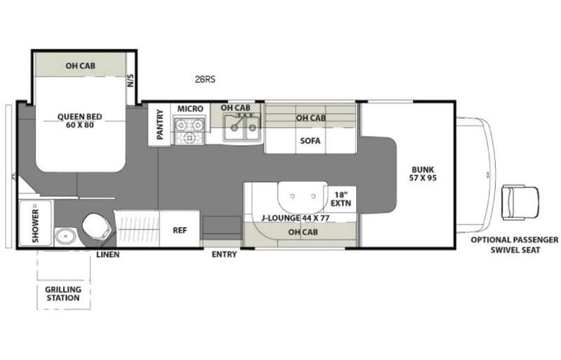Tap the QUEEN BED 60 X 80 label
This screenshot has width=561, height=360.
point(80,121)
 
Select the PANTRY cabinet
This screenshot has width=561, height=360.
point(160,123)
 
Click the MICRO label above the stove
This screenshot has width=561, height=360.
point(190,108)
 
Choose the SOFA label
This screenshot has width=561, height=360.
point(311,140)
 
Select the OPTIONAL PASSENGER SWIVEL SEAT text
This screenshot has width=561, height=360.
point(514,245)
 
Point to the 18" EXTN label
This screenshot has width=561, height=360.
point(340,199)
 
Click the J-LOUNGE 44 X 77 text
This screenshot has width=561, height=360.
point(295,218)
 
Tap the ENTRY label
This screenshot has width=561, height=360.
point(224,254)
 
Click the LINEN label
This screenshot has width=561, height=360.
point(107,254)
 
